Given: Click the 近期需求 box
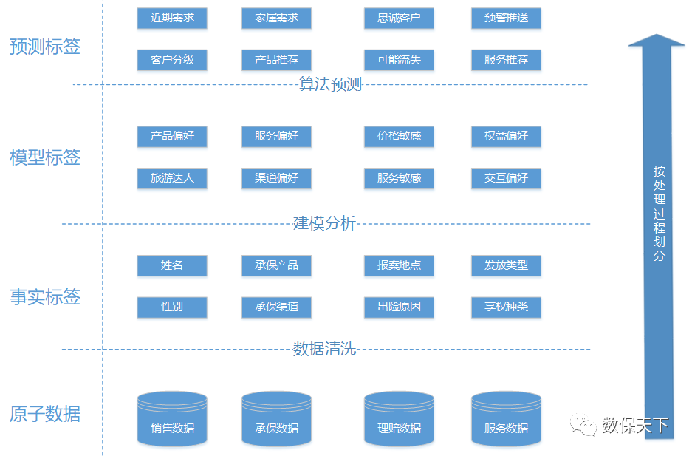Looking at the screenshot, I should tap(172, 18).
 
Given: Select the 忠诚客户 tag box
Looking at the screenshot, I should tap(399, 18).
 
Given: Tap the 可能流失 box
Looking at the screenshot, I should tap(399, 60).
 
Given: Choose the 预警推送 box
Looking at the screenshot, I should tap(507, 18).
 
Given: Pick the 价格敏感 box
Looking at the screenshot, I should tap(399, 136).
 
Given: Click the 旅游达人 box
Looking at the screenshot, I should tap(172, 178).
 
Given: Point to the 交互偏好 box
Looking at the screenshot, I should tap(507, 178).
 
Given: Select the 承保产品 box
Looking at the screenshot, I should tap(276, 265).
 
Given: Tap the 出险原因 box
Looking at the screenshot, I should tap(399, 307).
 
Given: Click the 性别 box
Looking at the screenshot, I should tap(172, 307).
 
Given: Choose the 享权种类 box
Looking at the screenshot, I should tap(507, 307).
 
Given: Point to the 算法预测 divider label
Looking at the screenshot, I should tap(330, 84).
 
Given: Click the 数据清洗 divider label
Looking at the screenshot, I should tap(324, 349).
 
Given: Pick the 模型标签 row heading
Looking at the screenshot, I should tap(45, 157).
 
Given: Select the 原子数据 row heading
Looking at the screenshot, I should tap(45, 414).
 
